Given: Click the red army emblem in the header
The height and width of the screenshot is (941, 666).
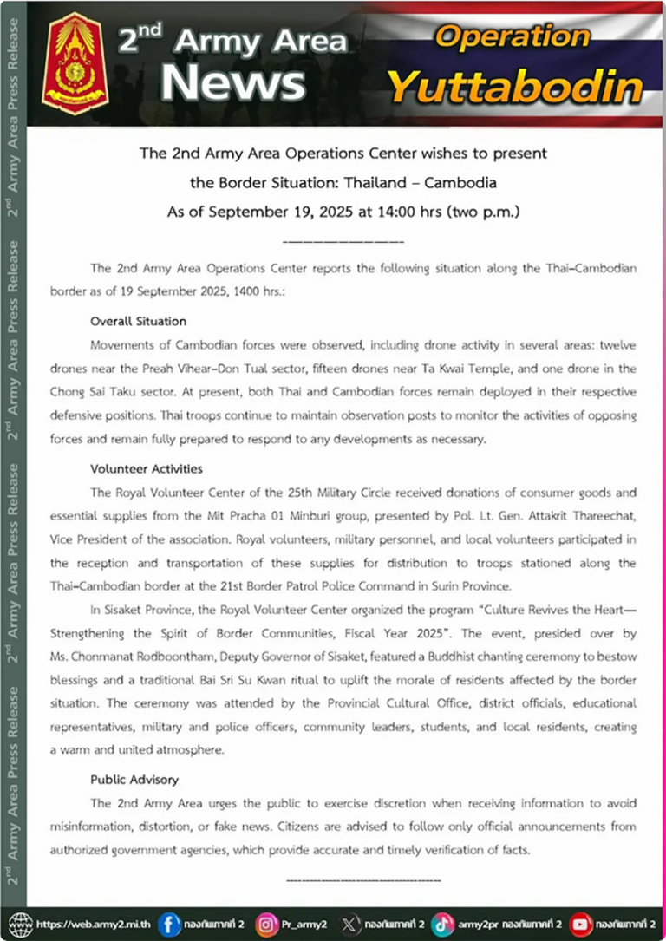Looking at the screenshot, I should [x=75, y=63].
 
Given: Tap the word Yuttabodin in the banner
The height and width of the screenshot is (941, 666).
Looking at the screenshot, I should [x=515, y=86].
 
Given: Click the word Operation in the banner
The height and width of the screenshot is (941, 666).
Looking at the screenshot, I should [x=513, y=36].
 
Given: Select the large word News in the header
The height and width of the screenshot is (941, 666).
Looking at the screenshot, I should [x=232, y=83].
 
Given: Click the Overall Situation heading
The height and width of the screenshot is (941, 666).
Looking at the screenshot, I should [x=138, y=322].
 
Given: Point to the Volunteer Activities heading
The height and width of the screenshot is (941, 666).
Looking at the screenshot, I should [x=147, y=469].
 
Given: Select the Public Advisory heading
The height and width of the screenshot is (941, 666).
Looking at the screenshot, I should [x=134, y=780].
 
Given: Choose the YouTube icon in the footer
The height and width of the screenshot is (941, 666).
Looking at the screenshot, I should [x=582, y=924].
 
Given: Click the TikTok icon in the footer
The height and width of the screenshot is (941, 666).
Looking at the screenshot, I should [x=442, y=924].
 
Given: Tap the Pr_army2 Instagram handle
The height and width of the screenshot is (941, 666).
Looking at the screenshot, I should [x=303, y=925].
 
